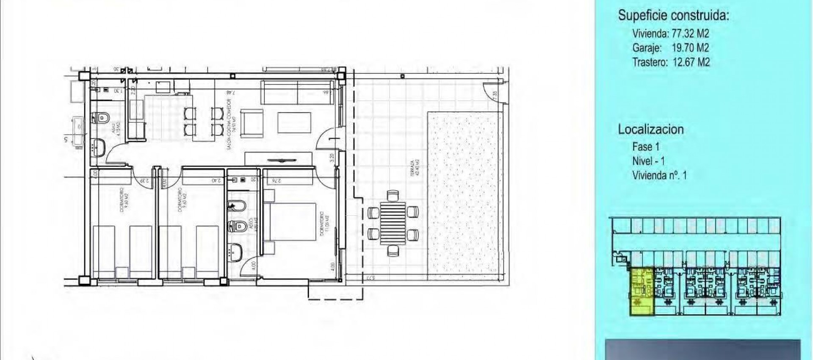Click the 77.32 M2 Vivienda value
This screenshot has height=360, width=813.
690,33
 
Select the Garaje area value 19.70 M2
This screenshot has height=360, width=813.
690,48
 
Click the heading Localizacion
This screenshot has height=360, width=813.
651,129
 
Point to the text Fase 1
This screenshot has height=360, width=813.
646,147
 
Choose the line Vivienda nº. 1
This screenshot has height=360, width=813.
659,175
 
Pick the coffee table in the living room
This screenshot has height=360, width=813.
294,123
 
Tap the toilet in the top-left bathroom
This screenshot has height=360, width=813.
101,117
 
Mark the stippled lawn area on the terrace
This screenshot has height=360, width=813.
463,193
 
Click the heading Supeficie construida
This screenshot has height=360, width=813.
673,16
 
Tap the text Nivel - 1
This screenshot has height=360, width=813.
648,161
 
